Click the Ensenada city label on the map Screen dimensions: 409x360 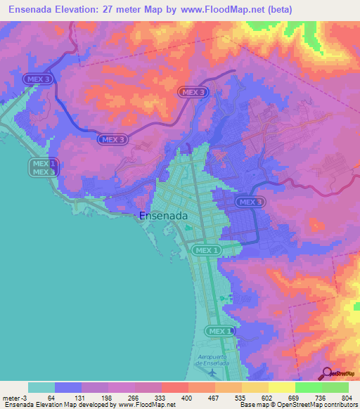pyautogui.click(x=163, y=216)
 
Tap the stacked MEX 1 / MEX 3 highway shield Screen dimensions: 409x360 pyautogui.click(x=43, y=167)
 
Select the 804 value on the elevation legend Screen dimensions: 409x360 pyautogui.click(x=347, y=397)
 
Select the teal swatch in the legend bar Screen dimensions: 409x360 pyautogui.click(x=41, y=387)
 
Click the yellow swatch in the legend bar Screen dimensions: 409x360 pyautogui.click(x=281, y=387)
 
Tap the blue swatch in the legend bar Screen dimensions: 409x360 pyautogui.click(x=68, y=387)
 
